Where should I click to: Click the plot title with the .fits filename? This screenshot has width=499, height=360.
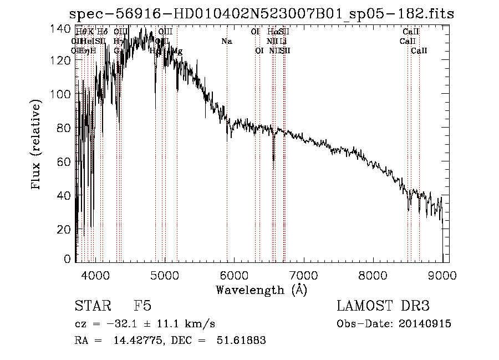261,14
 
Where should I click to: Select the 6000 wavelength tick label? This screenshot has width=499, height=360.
235,274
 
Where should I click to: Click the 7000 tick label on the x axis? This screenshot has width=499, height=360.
304,274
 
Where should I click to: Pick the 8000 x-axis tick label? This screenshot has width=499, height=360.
373,274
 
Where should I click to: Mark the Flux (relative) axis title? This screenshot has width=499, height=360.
37,145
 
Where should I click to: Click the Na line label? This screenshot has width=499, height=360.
226,42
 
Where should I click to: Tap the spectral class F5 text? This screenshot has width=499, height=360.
142,306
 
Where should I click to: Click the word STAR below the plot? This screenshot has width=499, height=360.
92,306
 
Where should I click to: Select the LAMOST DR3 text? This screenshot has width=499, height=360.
383,306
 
